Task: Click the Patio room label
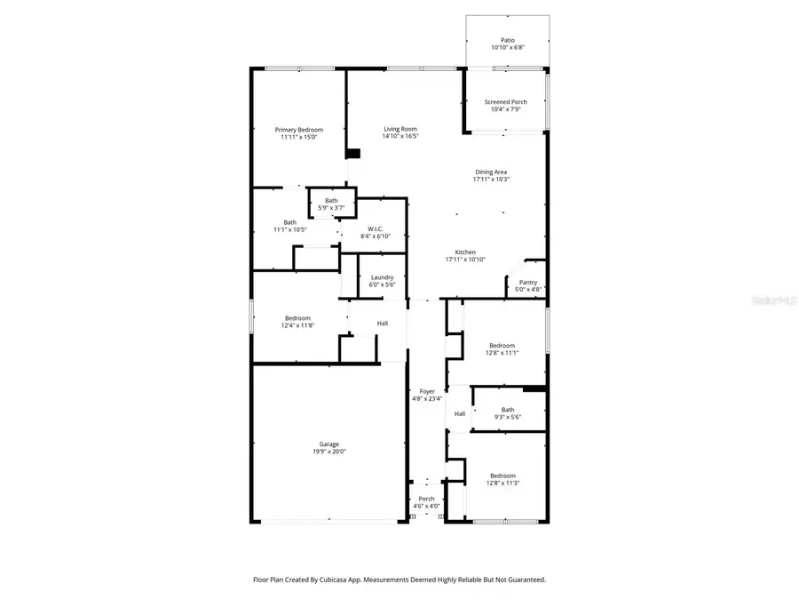[507, 40]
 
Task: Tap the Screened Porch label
[505, 102]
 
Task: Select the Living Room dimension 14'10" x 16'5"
[399, 136]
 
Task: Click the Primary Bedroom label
[298, 130]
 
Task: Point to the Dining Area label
[491, 172]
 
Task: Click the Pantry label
[528, 282]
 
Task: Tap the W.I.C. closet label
[371, 229]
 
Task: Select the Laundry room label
[382, 277]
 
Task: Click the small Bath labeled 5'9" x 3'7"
[330, 201]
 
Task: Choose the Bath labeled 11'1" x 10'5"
[290, 222]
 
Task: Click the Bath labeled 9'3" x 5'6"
[507, 410]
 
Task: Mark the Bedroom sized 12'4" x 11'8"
[297, 318]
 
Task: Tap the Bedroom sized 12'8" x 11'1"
[502, 345]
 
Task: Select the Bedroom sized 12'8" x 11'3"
[502, 476]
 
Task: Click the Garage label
[329, 444]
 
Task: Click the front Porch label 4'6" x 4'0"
[426, 499]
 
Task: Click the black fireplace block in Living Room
[353, 153]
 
